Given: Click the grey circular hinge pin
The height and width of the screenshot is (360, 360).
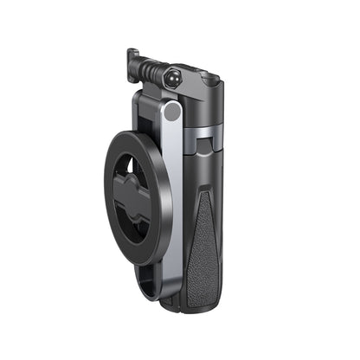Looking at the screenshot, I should [173, 111].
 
